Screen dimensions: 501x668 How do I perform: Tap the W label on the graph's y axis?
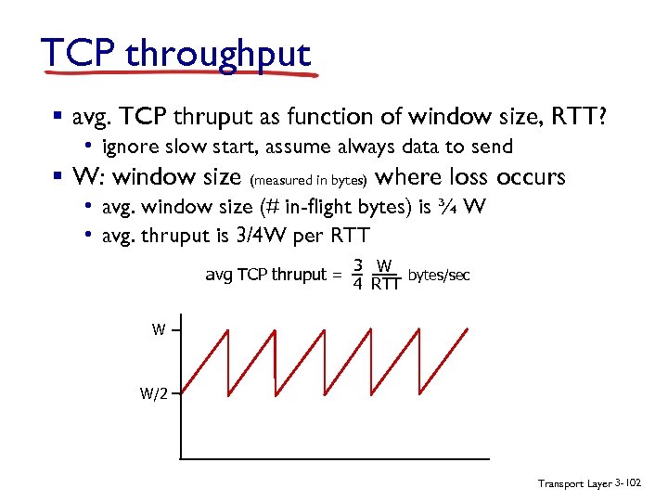(x=160, y=329)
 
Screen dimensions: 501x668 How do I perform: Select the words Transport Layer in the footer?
(x=573, y=484)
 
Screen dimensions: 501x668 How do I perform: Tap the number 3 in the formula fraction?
(x=357, y=265)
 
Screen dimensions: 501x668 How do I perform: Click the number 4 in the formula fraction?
(x=357, y=284)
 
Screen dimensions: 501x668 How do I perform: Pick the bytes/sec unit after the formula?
(x=440, y=275)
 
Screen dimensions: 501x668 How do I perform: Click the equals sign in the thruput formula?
(x=339, y=275)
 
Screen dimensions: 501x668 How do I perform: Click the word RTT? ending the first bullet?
(x=578, y=116)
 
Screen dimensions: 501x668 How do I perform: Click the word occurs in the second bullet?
(x=531, y=176)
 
